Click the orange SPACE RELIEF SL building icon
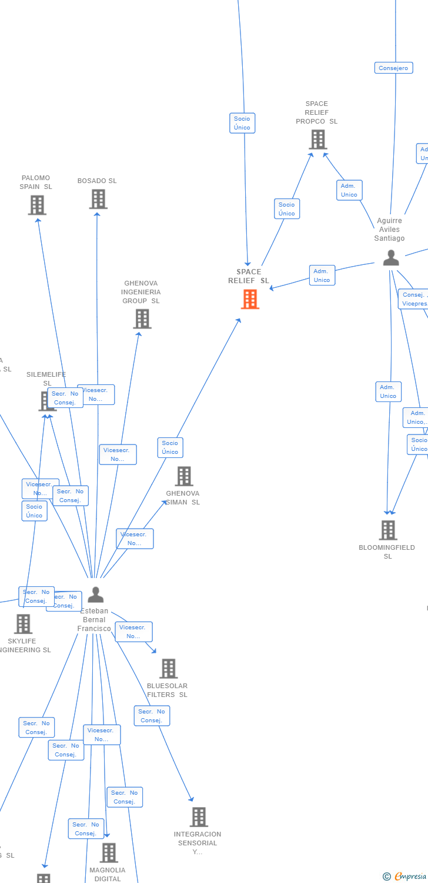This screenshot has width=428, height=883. tap(250, 299)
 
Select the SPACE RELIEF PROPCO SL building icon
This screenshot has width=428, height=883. tap(317, 140)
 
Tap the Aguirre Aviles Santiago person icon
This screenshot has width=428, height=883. tap(391, 257)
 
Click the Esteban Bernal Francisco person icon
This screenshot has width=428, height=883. tap(95, 595)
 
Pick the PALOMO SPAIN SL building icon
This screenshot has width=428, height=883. tap(37, 205)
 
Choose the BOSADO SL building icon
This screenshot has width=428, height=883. tap(98, 199)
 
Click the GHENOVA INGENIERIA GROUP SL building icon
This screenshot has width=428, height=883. tap(142, 318)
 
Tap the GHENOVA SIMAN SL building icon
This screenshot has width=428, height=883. tap(184, 476)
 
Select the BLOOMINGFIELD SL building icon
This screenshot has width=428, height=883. tap(387, 530)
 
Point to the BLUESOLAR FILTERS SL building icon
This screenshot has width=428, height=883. tap(168, 668)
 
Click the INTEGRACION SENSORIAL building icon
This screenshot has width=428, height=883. tap(199, 816)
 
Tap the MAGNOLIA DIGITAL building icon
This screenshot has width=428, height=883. tap(108, 852)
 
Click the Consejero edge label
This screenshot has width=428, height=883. tap(393, 68)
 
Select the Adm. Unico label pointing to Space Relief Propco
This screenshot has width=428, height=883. tap(349, 190)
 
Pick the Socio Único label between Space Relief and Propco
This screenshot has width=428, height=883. tap(287, 209)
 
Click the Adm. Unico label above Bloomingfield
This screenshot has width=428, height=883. tap(388, 391)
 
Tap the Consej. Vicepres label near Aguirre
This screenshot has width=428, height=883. tap(414, 299)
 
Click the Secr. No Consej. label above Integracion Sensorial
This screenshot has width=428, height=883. tap(152, 716)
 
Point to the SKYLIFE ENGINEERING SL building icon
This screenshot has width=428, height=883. tap(23, 623)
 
